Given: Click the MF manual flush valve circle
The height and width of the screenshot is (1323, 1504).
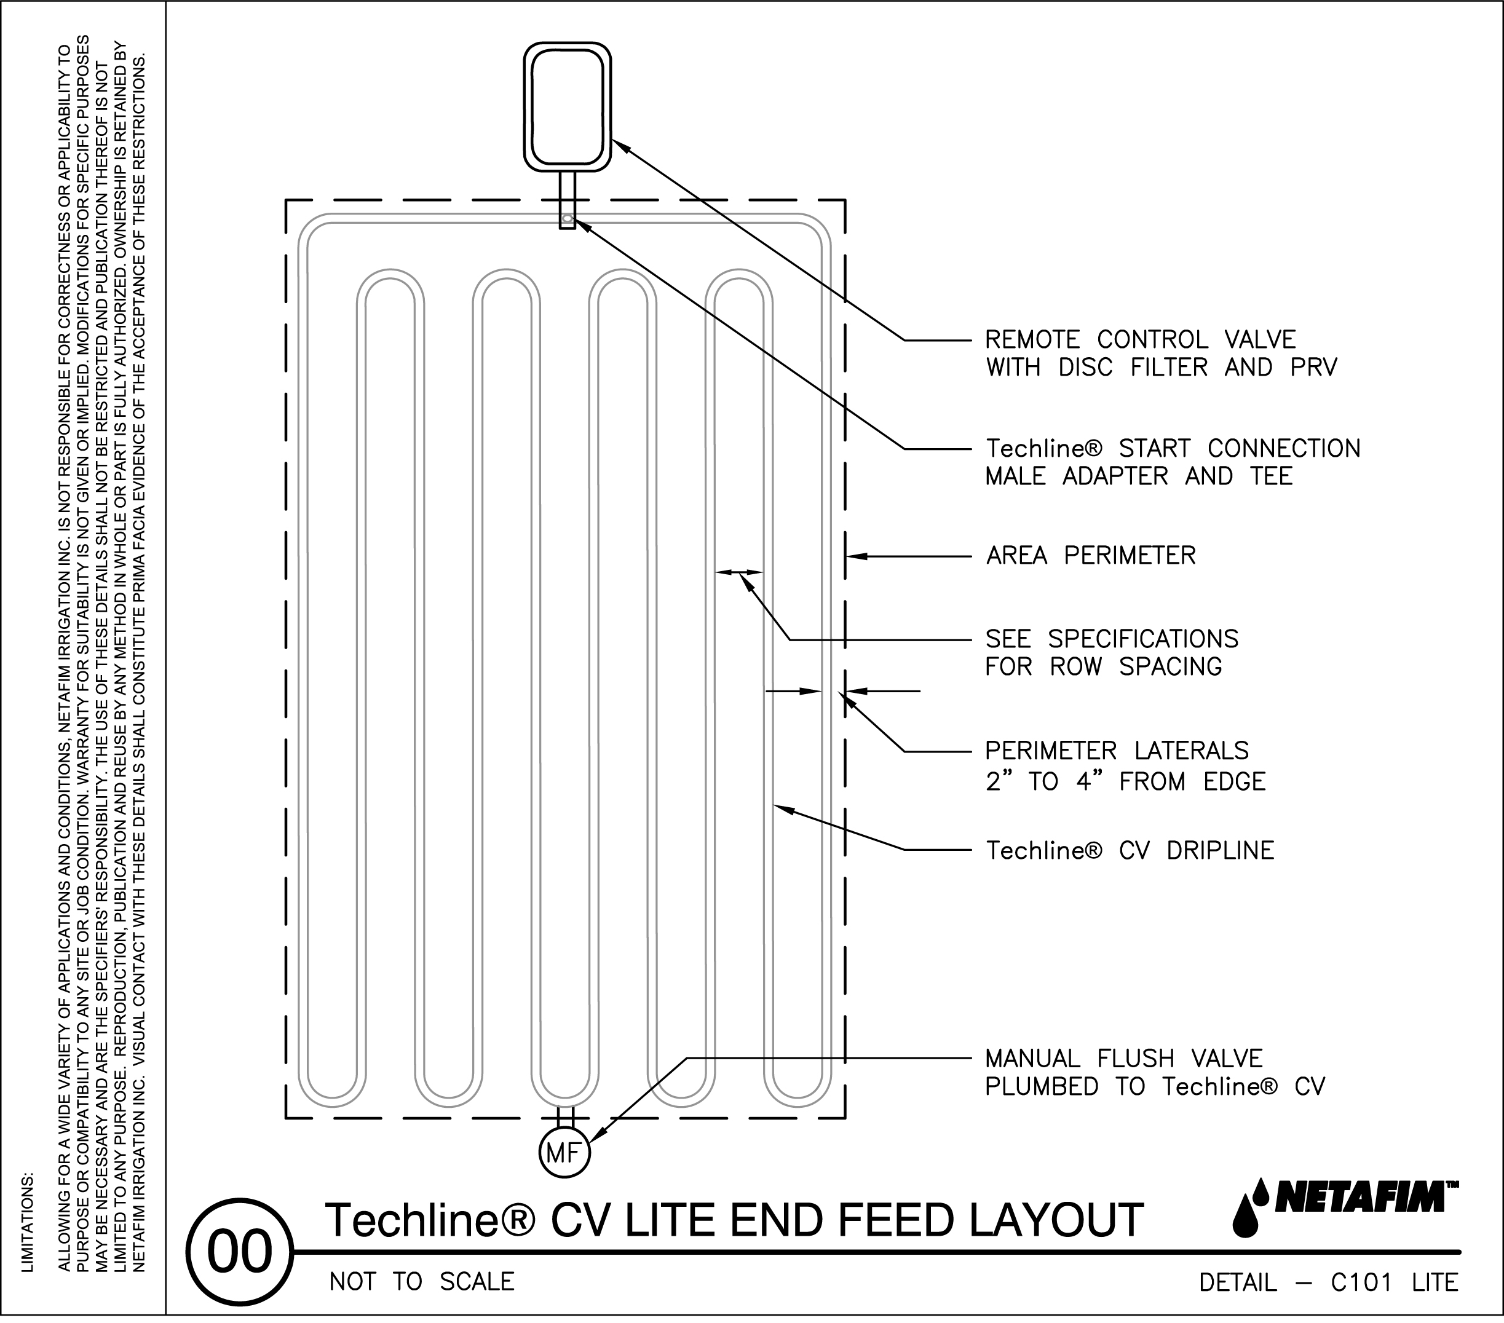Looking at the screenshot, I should coord(564,1152).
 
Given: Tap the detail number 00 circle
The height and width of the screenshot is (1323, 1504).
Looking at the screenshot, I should coord(240,1252).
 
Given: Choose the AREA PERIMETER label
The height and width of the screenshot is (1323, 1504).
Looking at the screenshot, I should coord(1090,556).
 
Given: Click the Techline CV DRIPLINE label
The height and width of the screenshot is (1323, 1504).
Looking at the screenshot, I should coord(1130,851).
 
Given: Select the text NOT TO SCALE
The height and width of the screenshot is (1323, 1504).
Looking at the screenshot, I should coord(422,1282).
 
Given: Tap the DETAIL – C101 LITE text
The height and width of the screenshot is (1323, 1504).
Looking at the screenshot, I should coord(1328,1282).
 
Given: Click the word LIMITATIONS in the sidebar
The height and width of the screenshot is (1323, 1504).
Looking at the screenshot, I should coord(28,1222).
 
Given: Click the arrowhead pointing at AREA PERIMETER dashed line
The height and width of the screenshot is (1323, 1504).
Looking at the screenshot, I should coord(856,556).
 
